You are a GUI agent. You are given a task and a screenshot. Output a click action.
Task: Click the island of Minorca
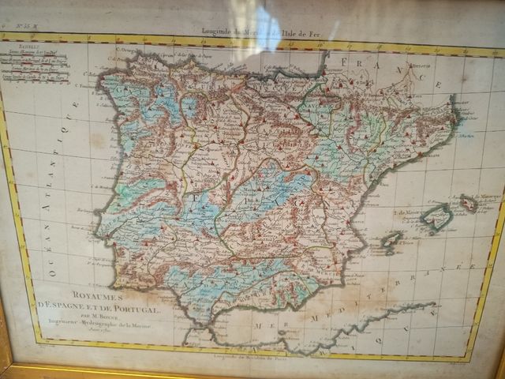click(469, 203)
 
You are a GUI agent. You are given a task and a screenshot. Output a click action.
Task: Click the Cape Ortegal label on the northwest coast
click(130, 52)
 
